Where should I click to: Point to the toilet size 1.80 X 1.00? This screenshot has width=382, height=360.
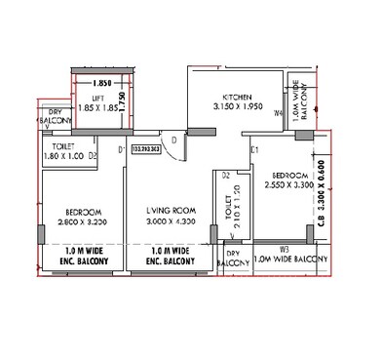(61, 155)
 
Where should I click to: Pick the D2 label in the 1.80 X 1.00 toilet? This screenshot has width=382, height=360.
(93, 155)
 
